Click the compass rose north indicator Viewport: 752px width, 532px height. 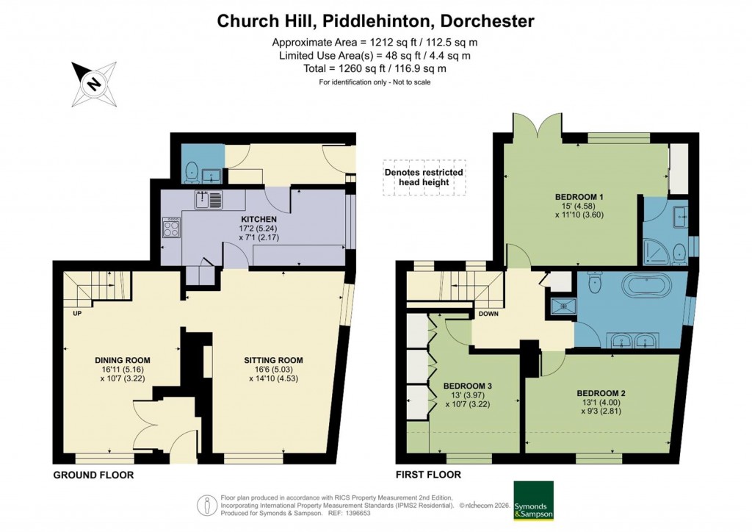pos(94,84)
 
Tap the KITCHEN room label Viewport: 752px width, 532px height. pos(258,219)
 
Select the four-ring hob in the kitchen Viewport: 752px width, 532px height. pos(171,229)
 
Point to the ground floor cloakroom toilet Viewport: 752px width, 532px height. pos(191,170)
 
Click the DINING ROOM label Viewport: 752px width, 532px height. pos(123,360)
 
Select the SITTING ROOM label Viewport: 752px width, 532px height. pos(273,360)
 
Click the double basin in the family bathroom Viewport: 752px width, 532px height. pos(636,340)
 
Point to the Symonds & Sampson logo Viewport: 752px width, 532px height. pos(532,500)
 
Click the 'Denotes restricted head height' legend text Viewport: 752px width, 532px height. pos(424,177)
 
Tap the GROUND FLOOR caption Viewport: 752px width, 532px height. pos(93,475)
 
